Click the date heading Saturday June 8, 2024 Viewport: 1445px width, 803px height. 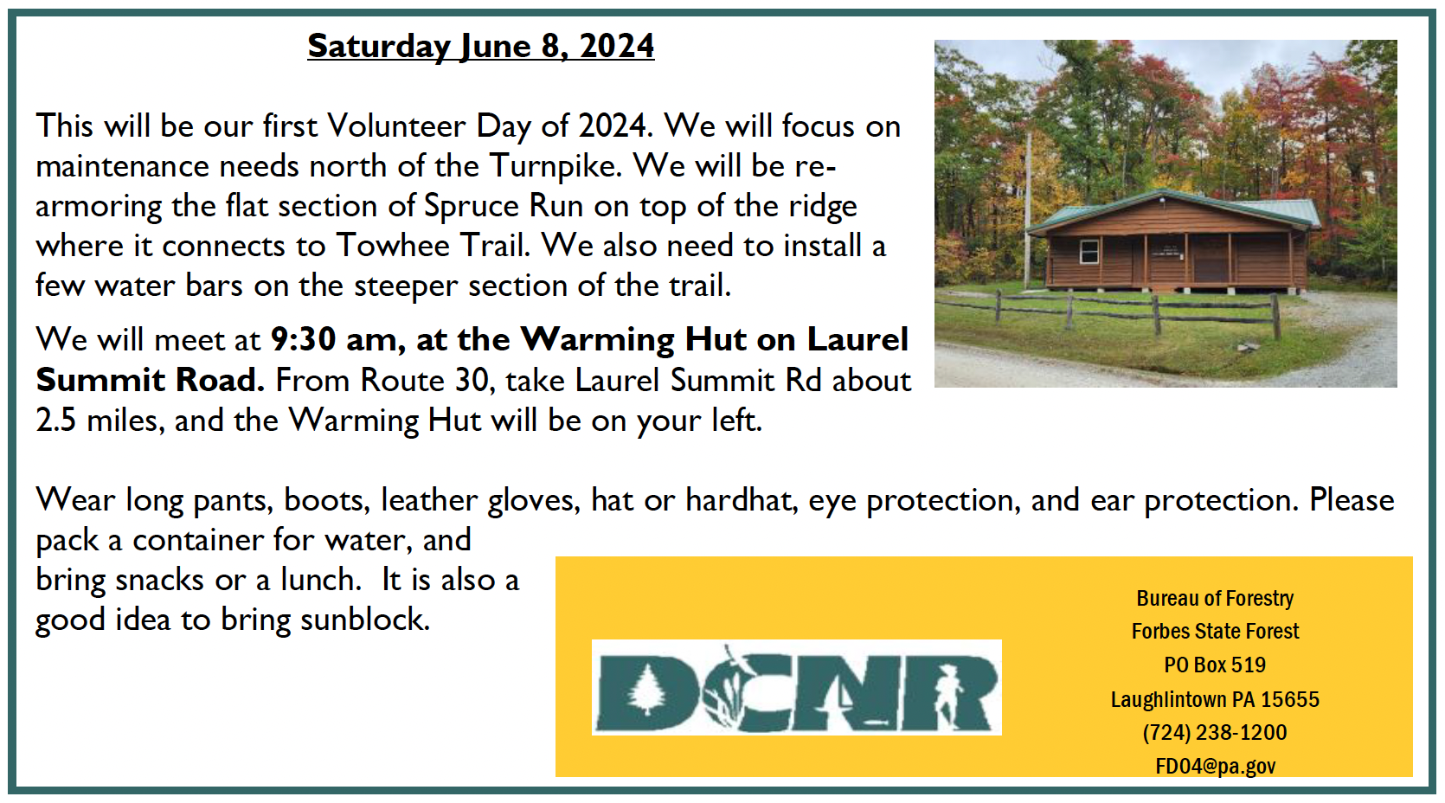point(480,47)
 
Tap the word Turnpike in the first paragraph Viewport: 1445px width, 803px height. point(555,166)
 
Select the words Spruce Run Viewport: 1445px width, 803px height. point(504,207)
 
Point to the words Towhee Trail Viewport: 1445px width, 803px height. point(433,246)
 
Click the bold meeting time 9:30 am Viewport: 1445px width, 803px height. point(338,340)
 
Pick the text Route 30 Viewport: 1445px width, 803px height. point(427,381)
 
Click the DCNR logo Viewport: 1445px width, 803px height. point(797,688)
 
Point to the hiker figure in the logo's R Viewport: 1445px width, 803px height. point(947,693)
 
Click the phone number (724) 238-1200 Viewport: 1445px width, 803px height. point(1215,733)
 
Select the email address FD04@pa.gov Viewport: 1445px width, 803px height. point(1216,767)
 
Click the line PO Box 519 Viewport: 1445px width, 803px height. point(1215,665)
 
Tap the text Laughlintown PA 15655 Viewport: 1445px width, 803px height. point(1215,699)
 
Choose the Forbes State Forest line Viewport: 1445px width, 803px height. point(1216,632)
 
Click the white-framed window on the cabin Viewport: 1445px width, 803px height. point(1089,252)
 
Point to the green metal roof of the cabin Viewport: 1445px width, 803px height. point(1174,211)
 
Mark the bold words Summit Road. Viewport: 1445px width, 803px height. point(150,381)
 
